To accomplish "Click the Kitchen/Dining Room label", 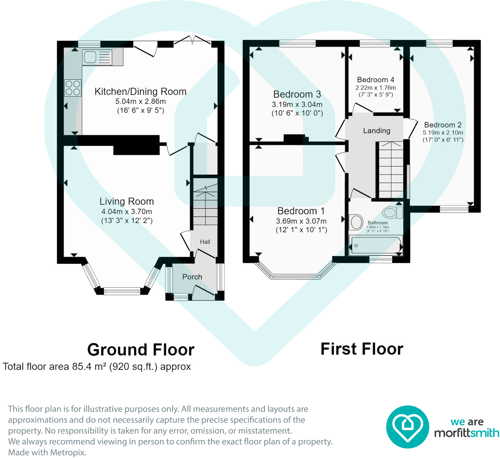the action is pos(140,92).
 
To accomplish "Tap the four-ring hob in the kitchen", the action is pos(73,88).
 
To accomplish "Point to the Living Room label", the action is pos(127,201).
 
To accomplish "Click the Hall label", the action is pos(205,242).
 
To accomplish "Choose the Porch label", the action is pos(192,277).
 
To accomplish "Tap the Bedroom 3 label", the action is pos(297,94).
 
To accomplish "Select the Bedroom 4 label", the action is pos(375,80).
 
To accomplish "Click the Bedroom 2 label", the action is pos(443,125).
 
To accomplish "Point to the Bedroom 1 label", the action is pos(301,211).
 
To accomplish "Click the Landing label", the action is pos(377,131).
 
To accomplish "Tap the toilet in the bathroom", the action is pos(392,212).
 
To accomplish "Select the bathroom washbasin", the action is pos(356,222).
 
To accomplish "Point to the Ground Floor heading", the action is pos(141,350).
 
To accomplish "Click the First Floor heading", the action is pos(362,349).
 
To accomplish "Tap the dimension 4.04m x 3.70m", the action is pos(127,212).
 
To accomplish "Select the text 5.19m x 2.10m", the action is pos(443,133).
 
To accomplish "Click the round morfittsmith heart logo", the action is pos(408,427).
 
